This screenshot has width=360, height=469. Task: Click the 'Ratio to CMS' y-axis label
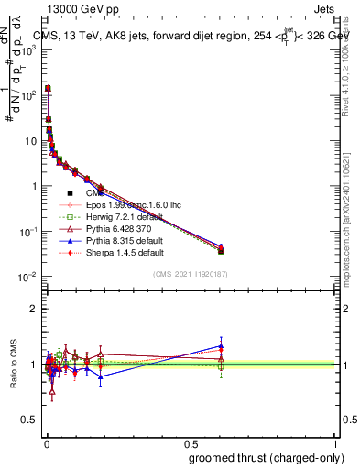coord(11,365)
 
